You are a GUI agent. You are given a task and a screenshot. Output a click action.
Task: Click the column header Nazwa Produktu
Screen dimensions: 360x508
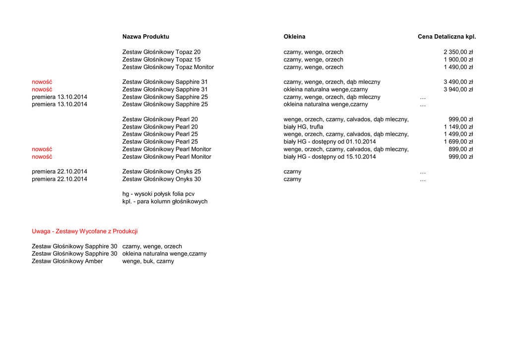(145, 37)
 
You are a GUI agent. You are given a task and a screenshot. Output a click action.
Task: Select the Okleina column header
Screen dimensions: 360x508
(294, 37)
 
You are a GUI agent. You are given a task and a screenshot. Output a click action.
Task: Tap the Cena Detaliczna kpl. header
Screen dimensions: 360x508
(446, 37)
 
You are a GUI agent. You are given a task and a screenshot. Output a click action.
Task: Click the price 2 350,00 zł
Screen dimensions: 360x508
(458, 52)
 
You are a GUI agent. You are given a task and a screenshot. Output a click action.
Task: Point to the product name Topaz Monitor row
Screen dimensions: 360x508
(168, 67)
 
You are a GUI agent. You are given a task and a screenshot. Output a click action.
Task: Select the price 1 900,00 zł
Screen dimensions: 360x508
(458, 60)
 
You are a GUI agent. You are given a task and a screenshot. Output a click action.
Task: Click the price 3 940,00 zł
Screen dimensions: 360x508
(458, 89)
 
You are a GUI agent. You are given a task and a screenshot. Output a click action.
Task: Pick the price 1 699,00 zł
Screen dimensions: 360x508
(458, 142)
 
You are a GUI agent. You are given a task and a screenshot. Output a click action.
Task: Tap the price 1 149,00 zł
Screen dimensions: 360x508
(458, 127)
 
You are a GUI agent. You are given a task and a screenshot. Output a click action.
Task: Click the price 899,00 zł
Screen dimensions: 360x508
(460, 149)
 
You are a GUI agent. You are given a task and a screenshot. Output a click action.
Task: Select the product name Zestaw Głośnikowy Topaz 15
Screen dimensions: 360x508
(161, 60)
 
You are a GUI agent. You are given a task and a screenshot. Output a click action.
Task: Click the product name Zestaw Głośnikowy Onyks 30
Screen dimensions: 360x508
(161, 179)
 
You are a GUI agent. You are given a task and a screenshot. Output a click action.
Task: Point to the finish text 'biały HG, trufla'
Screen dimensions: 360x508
(303, 127)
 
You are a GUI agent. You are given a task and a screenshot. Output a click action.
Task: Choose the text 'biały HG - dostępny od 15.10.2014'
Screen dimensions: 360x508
(329, 157)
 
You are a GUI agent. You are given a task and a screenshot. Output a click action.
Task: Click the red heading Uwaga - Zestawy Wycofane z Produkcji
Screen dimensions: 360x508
(84, 231)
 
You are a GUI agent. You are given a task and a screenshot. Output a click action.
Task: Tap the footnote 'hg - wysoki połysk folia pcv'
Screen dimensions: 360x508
(158, 194)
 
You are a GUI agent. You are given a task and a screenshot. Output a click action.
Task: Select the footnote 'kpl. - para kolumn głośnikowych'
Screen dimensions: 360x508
(165, 202)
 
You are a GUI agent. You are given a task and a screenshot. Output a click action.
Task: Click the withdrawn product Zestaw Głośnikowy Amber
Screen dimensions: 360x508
(67, 261)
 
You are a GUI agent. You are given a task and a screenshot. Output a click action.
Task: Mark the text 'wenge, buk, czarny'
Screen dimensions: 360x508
(148, 261)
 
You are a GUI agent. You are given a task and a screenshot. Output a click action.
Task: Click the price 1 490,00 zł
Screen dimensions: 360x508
(458, 67)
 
